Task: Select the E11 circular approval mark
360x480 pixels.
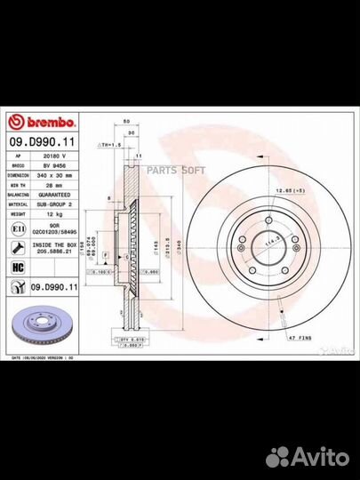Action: click(19, 228)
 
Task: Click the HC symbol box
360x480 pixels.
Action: click(19, 266)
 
